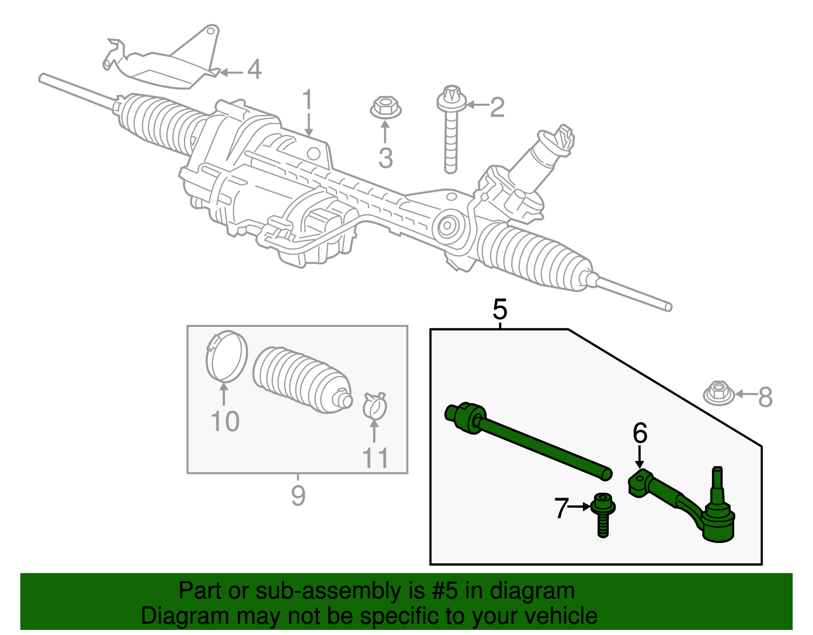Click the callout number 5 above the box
(x=500, y=309)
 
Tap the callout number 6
(x=640, y=434)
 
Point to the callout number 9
(x=298, y=495)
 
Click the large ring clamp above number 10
(x=227, y=355)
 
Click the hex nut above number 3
(x=385, y=108)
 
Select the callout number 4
(x=255, y=70)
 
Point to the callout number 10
(x=225, y=421)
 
